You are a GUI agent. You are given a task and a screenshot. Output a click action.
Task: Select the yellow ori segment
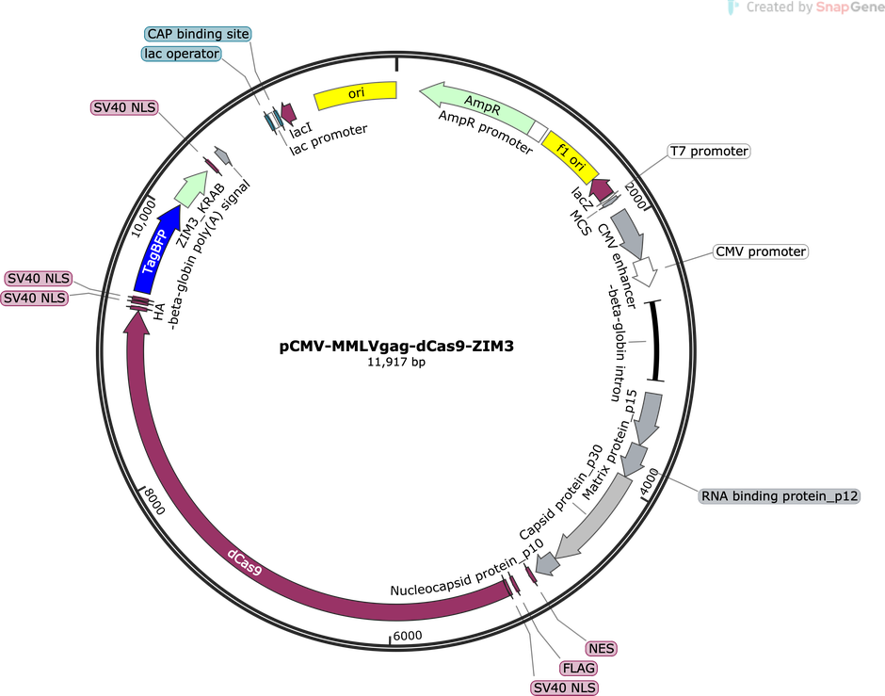tap(356, 94)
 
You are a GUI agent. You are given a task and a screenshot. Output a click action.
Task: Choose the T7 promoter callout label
tap(709, 152)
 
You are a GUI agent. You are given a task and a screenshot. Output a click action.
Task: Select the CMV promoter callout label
tap(761, 251)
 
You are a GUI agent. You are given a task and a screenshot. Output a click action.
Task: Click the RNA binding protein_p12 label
tap(780, 496)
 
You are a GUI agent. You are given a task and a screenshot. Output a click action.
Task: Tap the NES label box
tap(601, 649)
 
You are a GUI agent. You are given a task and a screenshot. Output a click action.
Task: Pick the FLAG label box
tap(579, 669)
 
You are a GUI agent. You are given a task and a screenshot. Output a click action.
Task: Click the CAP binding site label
tap(198, 34)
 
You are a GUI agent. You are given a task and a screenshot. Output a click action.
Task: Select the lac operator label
tap(182, 54)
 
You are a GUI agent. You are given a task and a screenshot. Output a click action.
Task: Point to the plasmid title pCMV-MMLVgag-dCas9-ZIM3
tap(396, 346)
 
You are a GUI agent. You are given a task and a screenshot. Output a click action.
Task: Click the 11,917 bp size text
tap(396, 362)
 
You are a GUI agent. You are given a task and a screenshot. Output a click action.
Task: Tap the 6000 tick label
tap(408, 636)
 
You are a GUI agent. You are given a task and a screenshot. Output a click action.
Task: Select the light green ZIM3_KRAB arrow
tap(191, 189)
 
